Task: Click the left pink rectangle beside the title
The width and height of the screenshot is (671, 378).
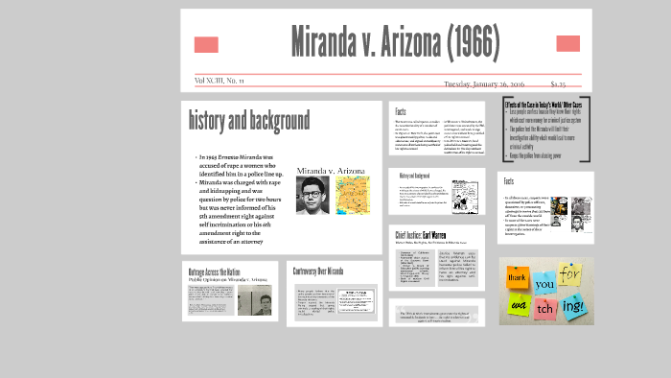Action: (206, 44)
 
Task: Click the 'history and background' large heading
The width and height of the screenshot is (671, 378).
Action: (249, 121)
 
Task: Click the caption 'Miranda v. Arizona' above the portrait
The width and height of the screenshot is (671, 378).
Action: (332, 171)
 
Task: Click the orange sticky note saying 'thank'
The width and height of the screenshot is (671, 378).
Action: (520, 277)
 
